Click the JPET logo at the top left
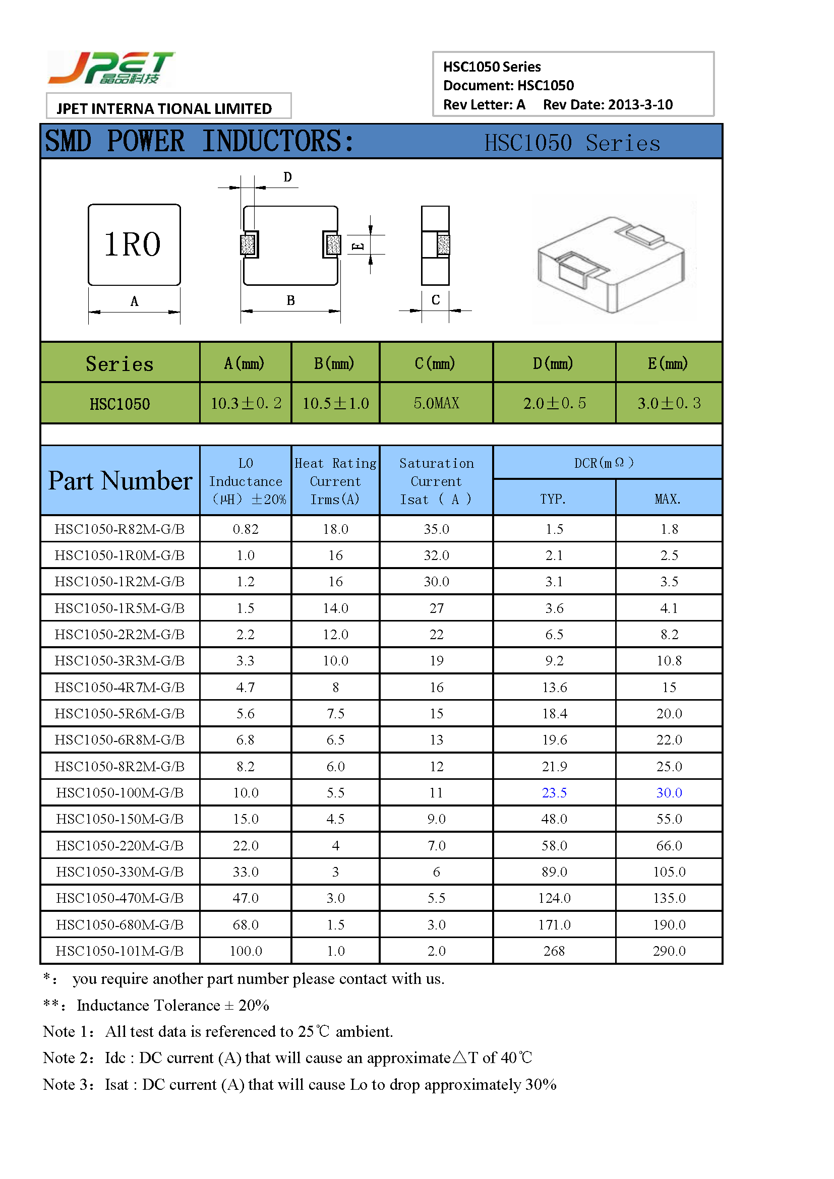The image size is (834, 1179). point(111,68)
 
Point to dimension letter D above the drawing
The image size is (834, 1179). point(287,177)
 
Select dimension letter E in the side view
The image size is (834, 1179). point(358,246)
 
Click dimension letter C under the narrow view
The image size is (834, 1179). point(435,300)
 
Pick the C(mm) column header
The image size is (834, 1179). point(435,363)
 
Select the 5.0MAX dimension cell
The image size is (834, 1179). point(436,403)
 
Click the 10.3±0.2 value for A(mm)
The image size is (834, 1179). point(246,403)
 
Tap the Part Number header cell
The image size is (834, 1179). point(120,481)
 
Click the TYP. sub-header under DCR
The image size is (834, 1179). point(553,499)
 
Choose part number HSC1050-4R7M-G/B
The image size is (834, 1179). point(120,687)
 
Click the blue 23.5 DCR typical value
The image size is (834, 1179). point(554,792)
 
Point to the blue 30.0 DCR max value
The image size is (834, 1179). point(669,792)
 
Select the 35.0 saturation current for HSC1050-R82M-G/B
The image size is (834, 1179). point(436,529)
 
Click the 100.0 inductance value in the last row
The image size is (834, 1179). point(246,951)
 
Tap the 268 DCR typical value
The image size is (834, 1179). point(554,951)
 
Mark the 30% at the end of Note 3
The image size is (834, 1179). point(541,1084)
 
